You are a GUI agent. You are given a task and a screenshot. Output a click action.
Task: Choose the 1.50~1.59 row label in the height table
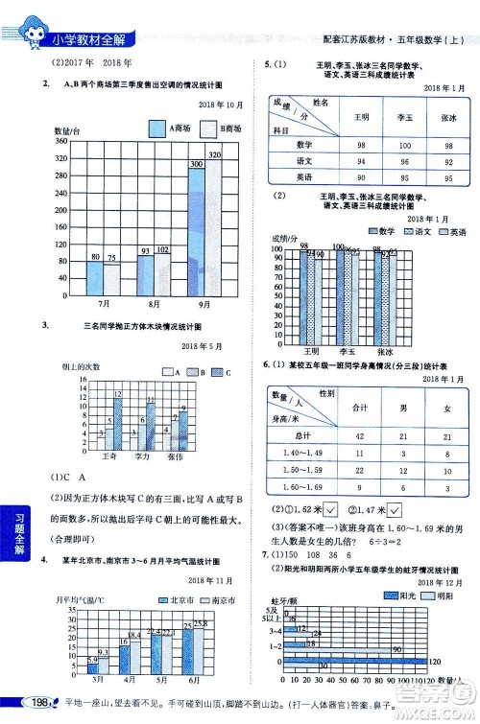tap(300, 471)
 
